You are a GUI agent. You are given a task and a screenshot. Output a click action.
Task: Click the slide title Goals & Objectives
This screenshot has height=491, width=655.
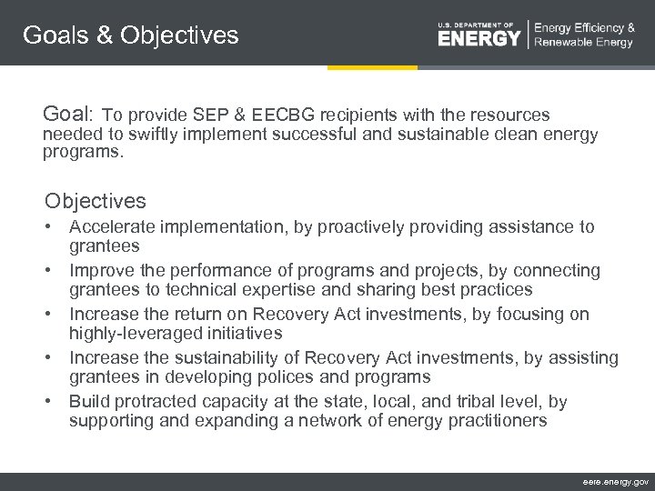coord(130,35)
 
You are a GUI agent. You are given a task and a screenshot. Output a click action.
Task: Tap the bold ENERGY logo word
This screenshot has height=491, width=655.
coord(479,38)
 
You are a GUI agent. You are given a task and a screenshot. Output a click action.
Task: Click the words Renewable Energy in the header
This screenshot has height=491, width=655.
coord(584,43)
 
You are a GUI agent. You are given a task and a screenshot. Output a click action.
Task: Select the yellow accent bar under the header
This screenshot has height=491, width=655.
coord(372,67)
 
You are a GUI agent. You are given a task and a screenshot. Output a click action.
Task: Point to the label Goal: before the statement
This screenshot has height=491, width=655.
coord(68,115)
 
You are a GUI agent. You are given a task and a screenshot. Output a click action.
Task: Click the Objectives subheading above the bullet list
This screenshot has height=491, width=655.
coord(96,200)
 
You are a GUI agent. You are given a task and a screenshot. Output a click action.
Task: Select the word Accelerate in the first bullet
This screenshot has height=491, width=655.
coord(113,227)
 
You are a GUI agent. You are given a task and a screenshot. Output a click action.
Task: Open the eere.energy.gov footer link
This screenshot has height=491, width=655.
coord(615,481)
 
